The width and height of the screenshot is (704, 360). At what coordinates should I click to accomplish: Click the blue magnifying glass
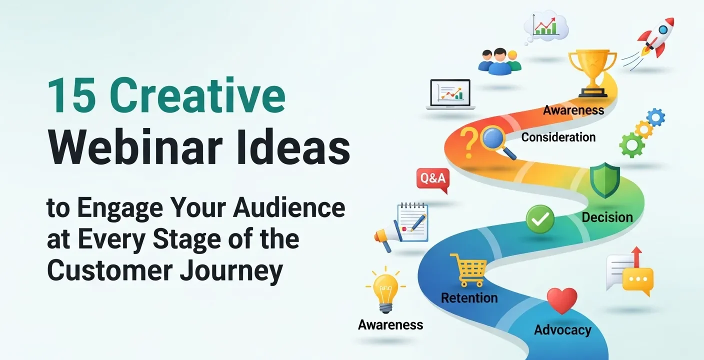(496, 141)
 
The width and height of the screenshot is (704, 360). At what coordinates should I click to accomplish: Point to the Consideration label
(558, 137)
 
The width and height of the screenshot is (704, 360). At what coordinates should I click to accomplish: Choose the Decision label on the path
(607, 217)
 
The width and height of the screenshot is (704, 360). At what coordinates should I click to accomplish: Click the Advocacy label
(562, 330)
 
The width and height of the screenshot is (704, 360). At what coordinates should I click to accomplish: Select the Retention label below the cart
(469, 298)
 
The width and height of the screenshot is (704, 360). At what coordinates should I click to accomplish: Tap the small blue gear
(655, 117)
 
